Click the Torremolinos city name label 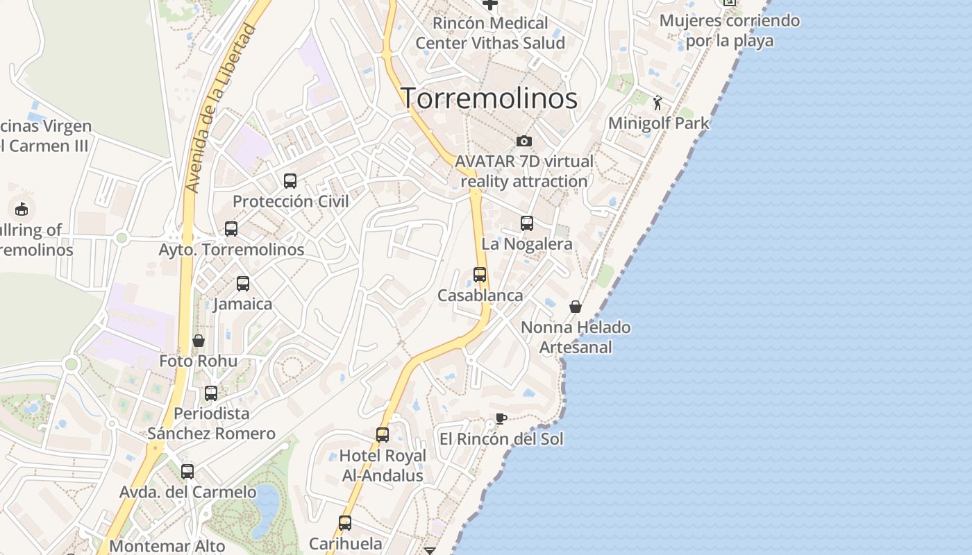tap(489, 99)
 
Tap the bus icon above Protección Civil tap(290, 181)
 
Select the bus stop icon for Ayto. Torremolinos tap(231, 229)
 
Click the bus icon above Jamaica tap(243, 284)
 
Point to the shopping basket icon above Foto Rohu tap(199, 341)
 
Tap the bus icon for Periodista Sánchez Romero tap(211, 393)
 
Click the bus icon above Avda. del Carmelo tap(187, 472)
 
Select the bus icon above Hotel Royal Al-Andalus tap(383, 435)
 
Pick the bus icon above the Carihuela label tap(345, 523)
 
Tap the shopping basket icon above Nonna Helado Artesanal tap(576, 307)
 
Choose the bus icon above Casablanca tap(480, 275)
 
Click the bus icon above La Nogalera tap(527, 223)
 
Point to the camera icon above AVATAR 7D tap(524, 142)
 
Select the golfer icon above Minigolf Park tap(657, 103)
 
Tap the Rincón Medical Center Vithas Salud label tap(490, 33)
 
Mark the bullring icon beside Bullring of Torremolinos tap(22, 209)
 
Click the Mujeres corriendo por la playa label tap(729, 31)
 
